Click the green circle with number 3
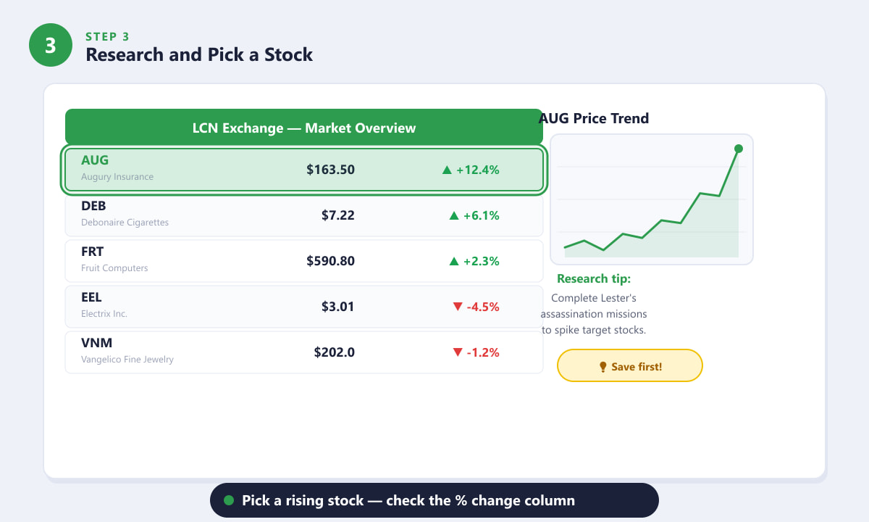[51, 45]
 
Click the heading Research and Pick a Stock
[199, 54]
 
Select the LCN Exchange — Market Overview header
[303, 128]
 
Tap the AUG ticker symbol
[95, 160]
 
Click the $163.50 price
[330, 170]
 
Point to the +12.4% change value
[477, 170]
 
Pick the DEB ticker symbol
[93, 206]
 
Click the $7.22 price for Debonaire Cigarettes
[337, 215]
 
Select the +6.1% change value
[481, 215]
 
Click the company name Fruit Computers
[114, 268]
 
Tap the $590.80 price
[330, 261]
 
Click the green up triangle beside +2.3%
[454, 262]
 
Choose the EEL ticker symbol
[91, 297]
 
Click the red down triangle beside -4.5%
[458, 307]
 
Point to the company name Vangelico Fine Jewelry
[127, 360]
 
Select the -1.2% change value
[483, 352]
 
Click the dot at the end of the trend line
[739, 149]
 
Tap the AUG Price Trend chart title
[594, 118]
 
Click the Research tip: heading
[594, 278]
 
